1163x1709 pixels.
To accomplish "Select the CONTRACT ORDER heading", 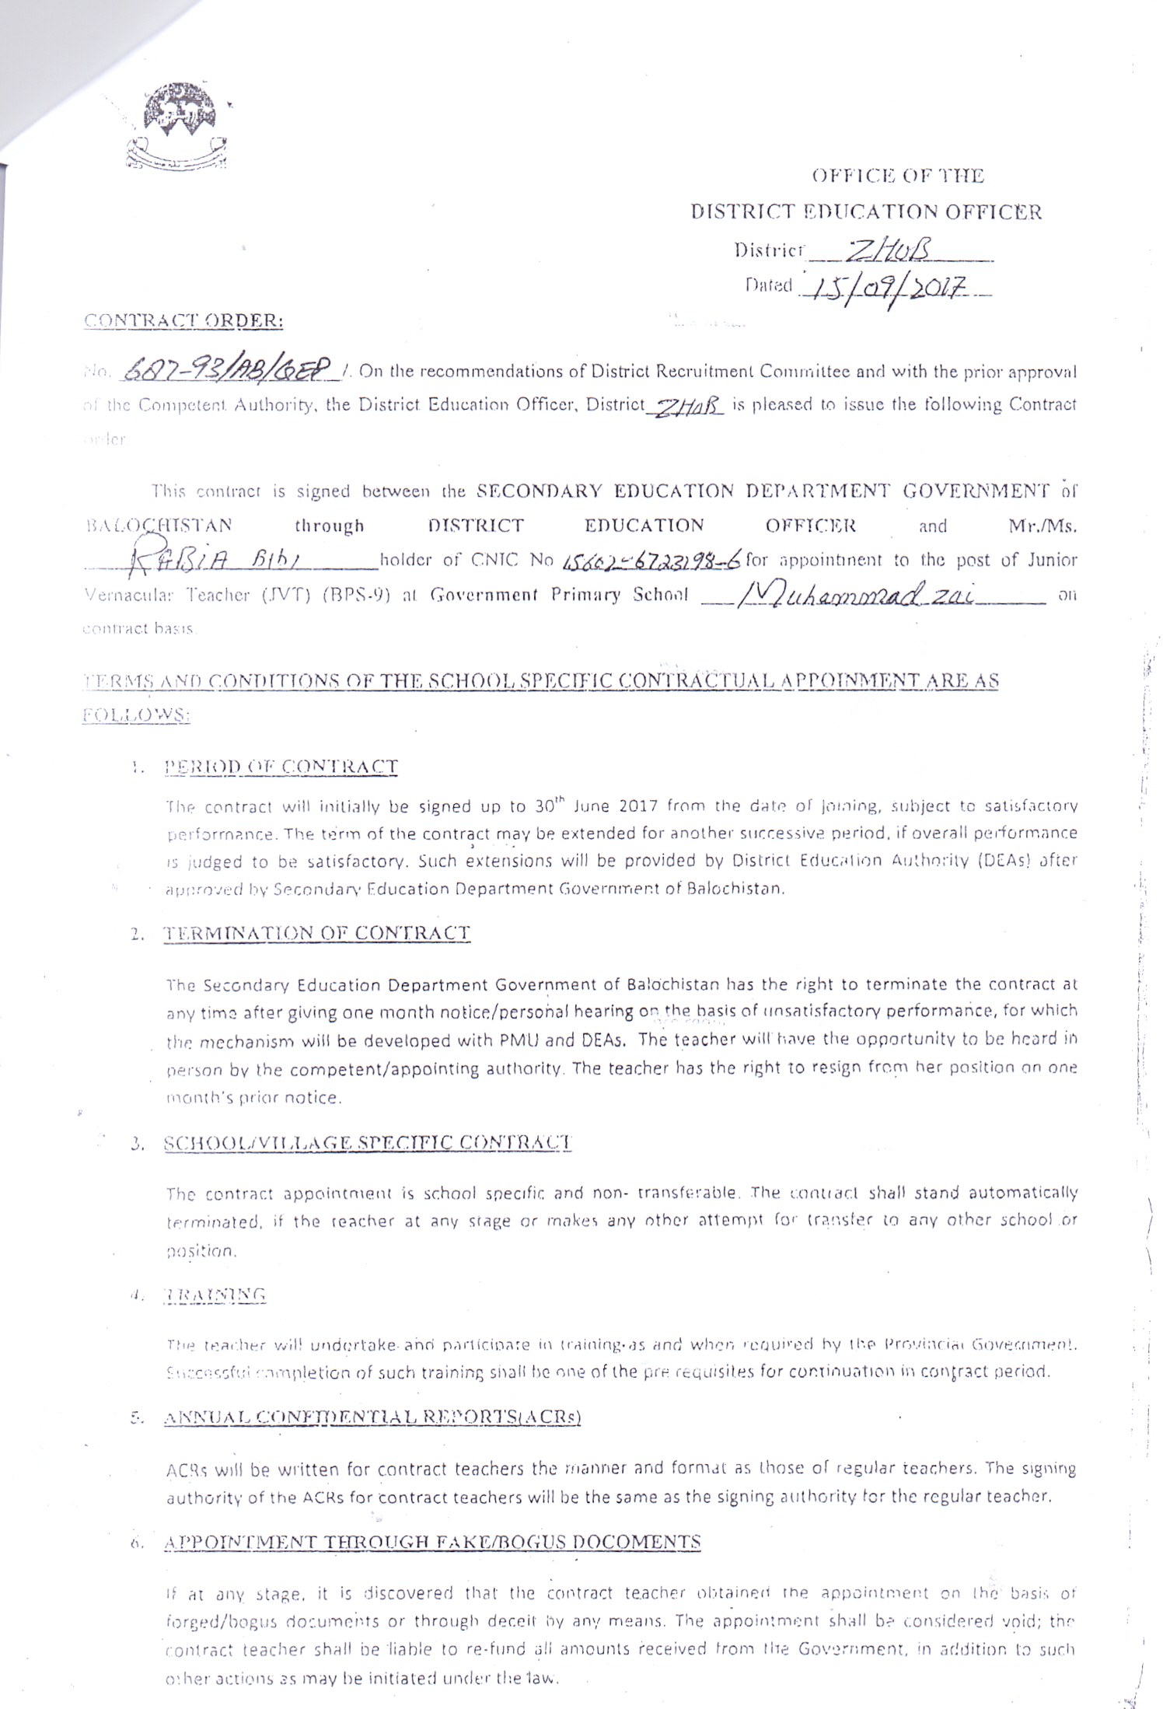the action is click(x=183, y=320).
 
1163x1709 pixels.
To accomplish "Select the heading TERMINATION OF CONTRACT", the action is click(x=316, y=933).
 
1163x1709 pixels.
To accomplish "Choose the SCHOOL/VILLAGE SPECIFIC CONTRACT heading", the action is click(x=367, y=1143).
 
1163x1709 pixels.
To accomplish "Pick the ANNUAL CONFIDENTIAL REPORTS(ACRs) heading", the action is click(x=372, y=1417).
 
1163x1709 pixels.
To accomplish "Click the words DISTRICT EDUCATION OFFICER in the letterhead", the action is click(x=866, y=211).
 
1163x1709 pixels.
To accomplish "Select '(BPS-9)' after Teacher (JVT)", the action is click(x=355, y=596).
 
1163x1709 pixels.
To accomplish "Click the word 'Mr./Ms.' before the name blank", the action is click(x=1043, y=526).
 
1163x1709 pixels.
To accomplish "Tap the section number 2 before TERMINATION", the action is click(x=138, y=935).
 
